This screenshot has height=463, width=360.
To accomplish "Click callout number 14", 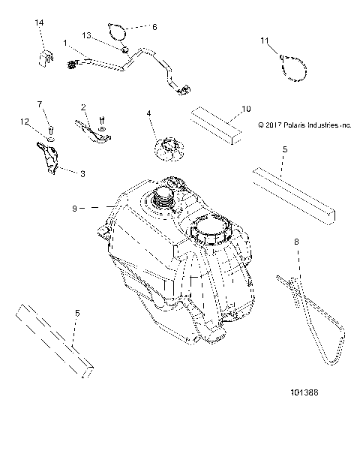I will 40,25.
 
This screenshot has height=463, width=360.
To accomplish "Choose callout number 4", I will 149,113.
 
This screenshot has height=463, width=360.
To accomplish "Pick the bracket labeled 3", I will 50,160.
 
